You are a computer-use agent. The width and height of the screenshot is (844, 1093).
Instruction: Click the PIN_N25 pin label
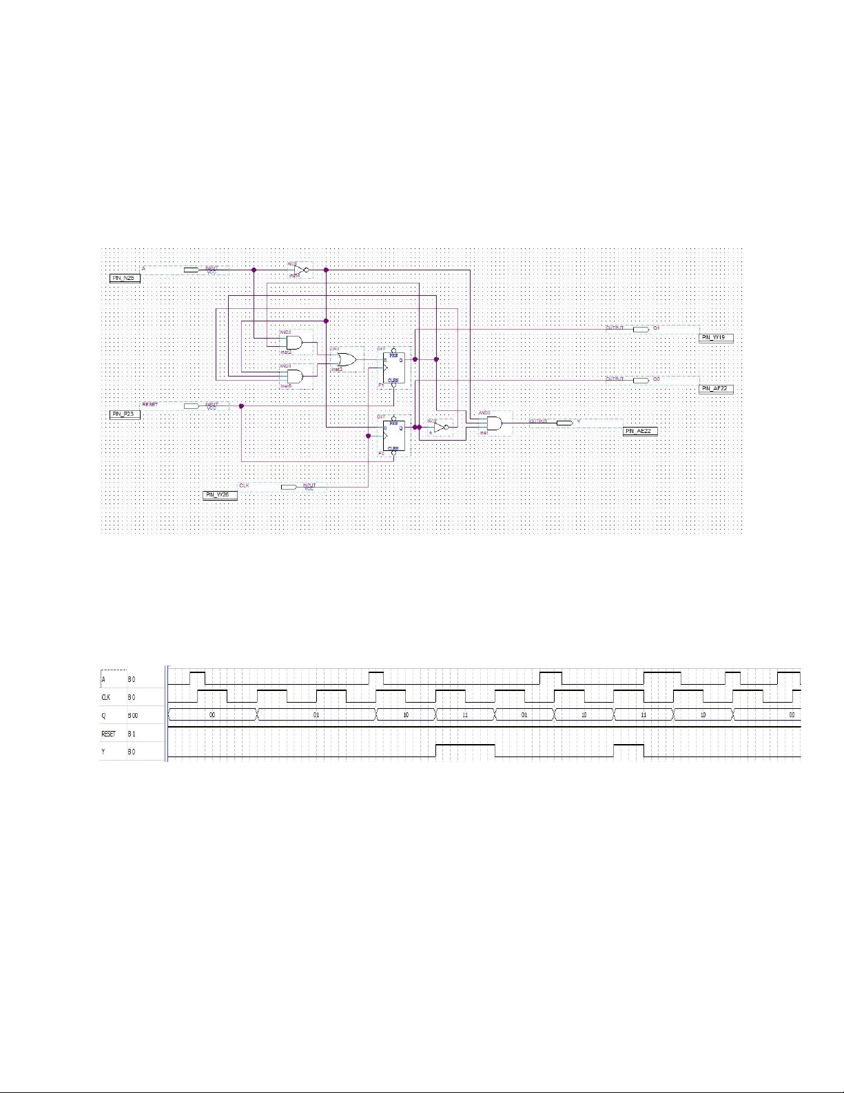tap(125, 278)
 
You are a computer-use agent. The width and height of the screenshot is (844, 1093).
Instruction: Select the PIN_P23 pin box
tap(125, 414)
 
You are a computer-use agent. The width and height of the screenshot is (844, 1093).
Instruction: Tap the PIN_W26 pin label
tap(220, 495)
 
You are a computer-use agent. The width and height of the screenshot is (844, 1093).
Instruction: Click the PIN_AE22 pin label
tap(640, 431)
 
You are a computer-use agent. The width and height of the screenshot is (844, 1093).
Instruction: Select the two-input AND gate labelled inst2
tap(292, 343)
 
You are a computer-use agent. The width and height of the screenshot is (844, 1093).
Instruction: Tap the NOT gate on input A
tap(299, 270)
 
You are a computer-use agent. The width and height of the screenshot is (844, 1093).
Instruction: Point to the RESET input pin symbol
tap(192, 406)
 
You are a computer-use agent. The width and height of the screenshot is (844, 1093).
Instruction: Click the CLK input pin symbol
tap(289, 487)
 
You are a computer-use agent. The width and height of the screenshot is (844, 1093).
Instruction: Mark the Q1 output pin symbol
tap(641, 330)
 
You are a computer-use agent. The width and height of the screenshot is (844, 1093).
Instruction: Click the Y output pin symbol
tap(564, 423)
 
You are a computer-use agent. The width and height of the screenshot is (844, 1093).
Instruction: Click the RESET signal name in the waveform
tap(108, 734)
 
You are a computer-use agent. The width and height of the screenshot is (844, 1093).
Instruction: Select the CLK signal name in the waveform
tap(107, 697)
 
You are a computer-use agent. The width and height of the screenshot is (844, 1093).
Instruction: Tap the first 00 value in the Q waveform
tap(212, 715)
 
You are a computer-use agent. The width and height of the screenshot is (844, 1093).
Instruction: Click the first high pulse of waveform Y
tap(465, 745)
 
